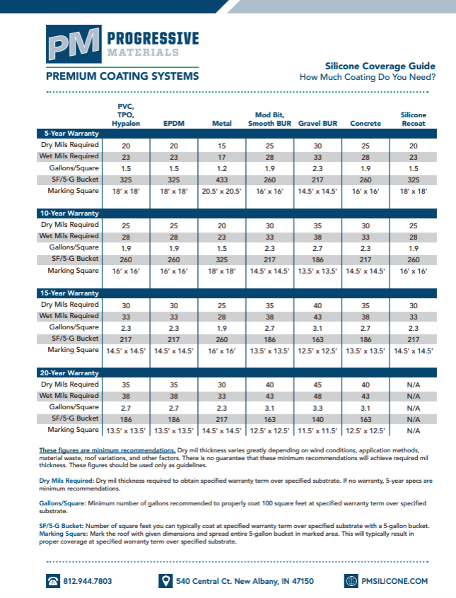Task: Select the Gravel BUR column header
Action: pyautogui.click(x=317, y=124)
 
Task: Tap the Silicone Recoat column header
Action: pyautogui.click(x=414, y=119)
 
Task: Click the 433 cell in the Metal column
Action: pyautogui.click(x=222, y=180)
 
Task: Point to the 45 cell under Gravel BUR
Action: pyautogui.click(x=317, y=385)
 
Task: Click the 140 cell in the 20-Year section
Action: pyautogui.click(x=317, y=419)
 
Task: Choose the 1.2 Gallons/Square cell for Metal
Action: pyautogui.click(x=222, y=169)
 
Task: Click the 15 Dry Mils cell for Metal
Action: pyautogui.click(x=222, y=145)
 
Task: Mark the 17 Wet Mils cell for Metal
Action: pyautogui.click(x=222, y=157)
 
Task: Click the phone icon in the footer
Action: pyautogui.click(x=53, y=581)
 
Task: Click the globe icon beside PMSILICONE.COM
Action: pyautogui.click(x=352, y=581)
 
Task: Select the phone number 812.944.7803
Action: pyautogui.click(x=88, y=581)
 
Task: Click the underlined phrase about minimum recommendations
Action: pyautogui.click(x=107, y=450)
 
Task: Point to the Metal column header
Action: pyautogui.click(x=222, y=124)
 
